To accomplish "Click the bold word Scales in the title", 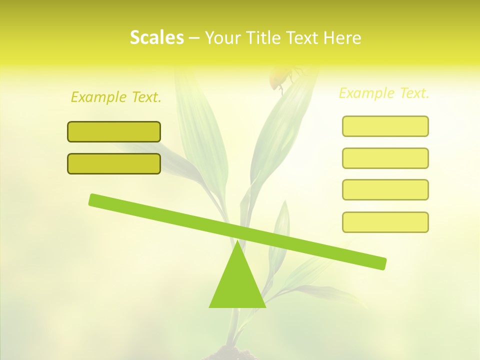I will pyautogui.click(x=156, y=37).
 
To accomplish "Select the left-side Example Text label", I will pyautogui.click(x=116, y=97).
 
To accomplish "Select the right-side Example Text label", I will pyautogui.click(x=384, y=93).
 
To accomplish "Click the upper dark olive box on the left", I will pyautogui.click(x=114, y=131).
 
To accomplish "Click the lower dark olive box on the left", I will pyautogui.click(x=114, y=163).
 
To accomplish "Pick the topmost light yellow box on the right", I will pyautogui.click(x=385, y=126).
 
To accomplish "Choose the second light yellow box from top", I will pyautogui.click(x=385, y=158).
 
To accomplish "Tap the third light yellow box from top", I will pyautogui.click(x=385, y=189).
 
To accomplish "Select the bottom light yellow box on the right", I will pyautogui.click(x=385, y=222).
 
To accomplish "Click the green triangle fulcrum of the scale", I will pyautogui.click(x=237, y=285).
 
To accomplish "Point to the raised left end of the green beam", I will pyautogui.click(x=93, y=199).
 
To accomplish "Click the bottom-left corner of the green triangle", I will pyautogui.click(x=210, y=306).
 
